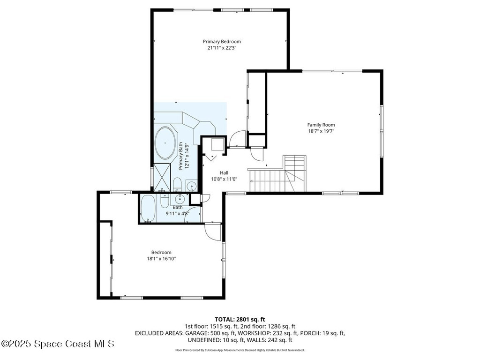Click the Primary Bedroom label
tap(222, 41)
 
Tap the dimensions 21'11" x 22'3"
tap(222, 47)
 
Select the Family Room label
tap(321, 125)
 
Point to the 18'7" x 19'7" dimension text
tap(321, 131)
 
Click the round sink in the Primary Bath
tap(191, 186)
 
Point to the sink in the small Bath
tap(180, 199)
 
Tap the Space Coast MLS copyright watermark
tap(58, 344)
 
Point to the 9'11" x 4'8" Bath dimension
tap(177, 213)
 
